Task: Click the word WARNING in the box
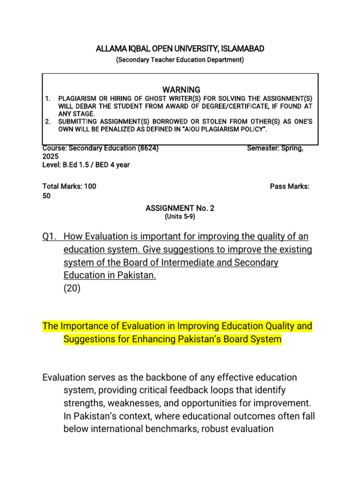click(181, 90)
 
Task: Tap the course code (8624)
click(148, 149)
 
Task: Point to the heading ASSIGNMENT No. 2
click(180, 208)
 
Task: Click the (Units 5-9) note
click(180, 217)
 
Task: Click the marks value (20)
click(72, 289)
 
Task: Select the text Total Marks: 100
click(69, 186)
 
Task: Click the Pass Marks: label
click(290, 186)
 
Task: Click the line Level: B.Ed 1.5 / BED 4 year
click(86, 165)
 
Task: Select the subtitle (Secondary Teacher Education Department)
click(180, 60)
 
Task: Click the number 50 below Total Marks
click(46, 196)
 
